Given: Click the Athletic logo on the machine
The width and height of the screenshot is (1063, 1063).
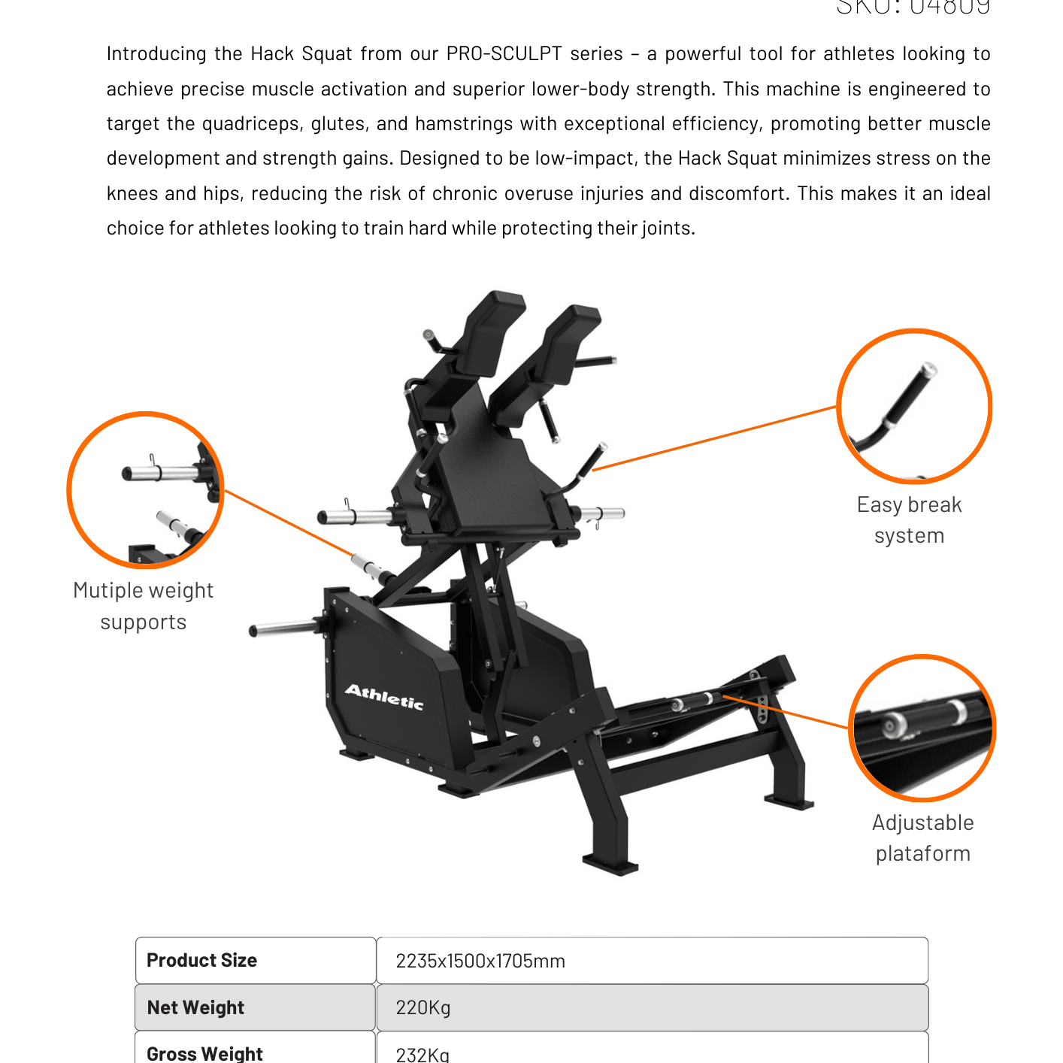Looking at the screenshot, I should pos(384,697).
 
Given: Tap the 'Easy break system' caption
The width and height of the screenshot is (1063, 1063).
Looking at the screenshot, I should pos(909,519).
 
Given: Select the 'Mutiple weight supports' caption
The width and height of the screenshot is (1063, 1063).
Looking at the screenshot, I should pos(143,606).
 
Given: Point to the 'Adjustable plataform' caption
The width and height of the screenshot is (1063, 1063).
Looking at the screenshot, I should pos(922,837).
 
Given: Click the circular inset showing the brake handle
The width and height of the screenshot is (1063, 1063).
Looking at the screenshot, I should pos(914,406).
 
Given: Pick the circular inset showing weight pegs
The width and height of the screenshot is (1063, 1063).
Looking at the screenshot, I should pos(145,489).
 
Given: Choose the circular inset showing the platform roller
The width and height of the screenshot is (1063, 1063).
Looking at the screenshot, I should pos(922,728).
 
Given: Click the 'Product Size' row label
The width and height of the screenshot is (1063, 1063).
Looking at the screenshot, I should pos(201,960).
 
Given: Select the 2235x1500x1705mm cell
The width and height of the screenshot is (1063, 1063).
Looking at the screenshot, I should pos(480,961).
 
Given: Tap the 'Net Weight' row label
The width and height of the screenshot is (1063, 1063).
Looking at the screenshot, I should pos(195,1007).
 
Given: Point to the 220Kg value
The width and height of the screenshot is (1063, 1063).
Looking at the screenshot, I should pos(423,1007).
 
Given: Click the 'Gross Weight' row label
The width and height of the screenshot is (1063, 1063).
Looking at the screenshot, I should pos(204,1053).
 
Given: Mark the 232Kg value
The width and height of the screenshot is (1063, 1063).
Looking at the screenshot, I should pos(422,1054).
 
